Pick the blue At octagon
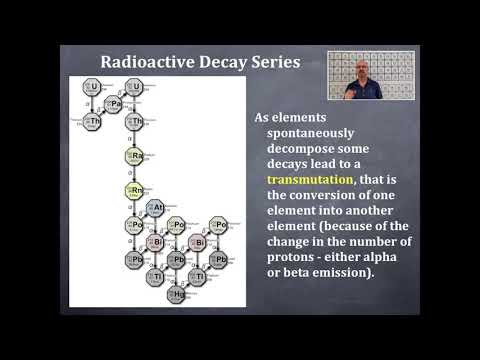click(155, 207)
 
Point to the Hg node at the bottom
click(177, 294)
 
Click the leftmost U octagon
click(92, 87)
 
